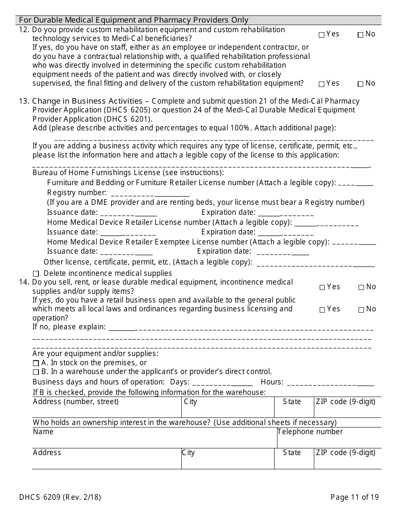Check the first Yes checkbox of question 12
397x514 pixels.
pos(321,35)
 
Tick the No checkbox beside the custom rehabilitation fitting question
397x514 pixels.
pos(360,84)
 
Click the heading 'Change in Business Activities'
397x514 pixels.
pos(87,101)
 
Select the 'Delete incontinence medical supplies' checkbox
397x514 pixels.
pos(36,274)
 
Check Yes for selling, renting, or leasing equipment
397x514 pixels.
pos(322,288)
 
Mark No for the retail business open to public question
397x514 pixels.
pos(361,310)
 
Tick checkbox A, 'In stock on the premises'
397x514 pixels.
pos(36,363)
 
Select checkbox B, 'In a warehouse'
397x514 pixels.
pos(36,372)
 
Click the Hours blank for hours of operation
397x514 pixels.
pos(331,382)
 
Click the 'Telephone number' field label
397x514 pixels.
pos(310,432)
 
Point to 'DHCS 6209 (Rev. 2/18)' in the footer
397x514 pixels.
pos(60,497)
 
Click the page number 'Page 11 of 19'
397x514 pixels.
pos(354,497)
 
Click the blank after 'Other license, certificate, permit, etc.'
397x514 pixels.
pos(316,263)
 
